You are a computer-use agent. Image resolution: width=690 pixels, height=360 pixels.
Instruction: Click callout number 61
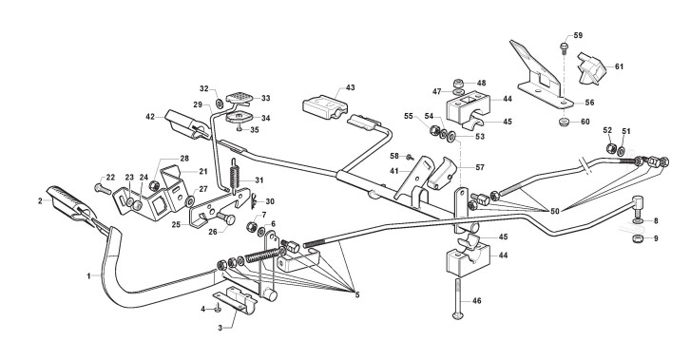click(619, 66)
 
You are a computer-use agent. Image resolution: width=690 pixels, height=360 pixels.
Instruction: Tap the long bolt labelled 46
click(458, 298)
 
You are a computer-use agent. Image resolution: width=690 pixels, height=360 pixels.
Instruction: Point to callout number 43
click(350, 87)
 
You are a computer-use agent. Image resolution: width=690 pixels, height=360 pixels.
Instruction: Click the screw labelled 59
click(564, 48)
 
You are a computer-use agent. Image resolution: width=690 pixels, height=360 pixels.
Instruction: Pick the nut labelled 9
click(638, 239)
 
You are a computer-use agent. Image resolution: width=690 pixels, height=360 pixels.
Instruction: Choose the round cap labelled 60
click(565, 122)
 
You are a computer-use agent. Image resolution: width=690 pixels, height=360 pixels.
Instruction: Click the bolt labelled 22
click(101, 189)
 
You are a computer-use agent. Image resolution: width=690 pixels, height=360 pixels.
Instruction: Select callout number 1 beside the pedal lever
click(89, 276)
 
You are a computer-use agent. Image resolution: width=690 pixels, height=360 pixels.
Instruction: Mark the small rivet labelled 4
click(218, 309)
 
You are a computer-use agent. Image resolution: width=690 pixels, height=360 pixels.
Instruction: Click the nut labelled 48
click(458, 83)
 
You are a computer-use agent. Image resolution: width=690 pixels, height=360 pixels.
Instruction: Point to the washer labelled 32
click(219, 104)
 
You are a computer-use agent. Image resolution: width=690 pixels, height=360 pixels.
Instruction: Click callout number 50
click(554, 211)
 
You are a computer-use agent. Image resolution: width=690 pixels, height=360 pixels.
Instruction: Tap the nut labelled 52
click(610, 148)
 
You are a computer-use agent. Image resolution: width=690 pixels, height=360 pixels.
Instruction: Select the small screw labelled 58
click(410, 157)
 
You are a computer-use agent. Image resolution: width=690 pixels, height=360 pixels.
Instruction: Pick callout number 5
click(357, 295)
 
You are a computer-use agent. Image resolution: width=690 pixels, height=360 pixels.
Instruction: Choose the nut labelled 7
click(252, 227)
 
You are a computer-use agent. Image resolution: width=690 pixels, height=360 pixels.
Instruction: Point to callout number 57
click(480, 167)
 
